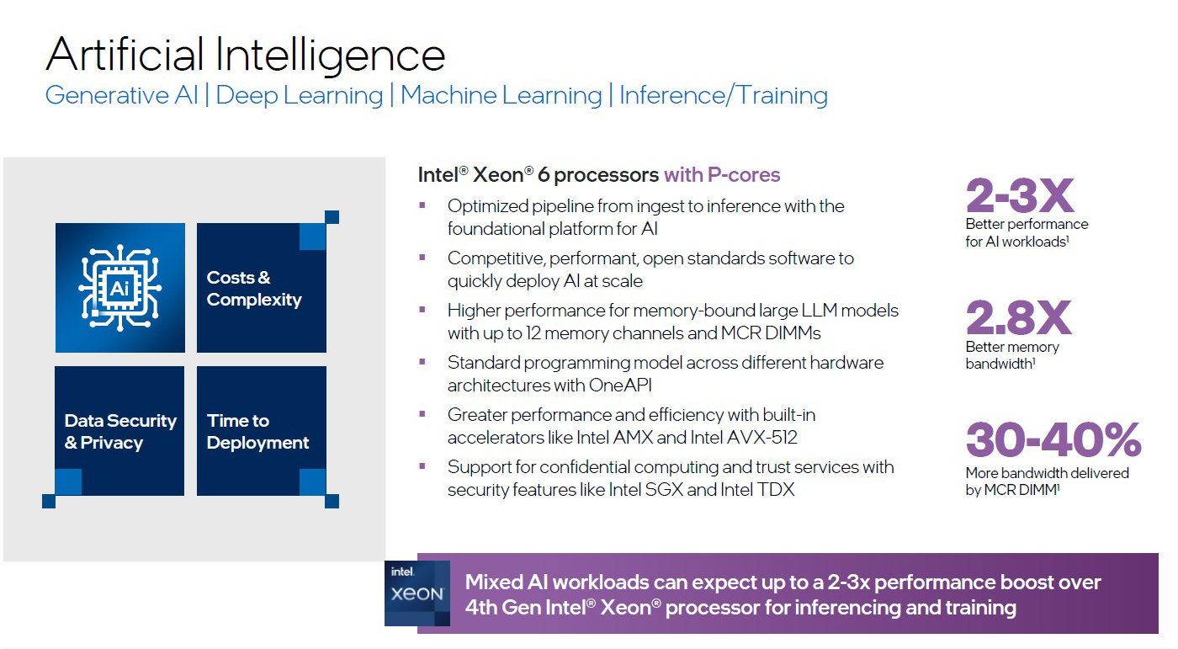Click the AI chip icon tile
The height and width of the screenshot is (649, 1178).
pyautogui.click(x=120, y=288)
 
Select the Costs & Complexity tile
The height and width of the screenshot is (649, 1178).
pyautogui.click(x=261, y=288)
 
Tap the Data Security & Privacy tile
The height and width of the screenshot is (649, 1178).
pyautogui.click(x=120, y=431)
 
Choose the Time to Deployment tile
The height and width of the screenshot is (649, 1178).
pyautogui.click(x=261, y=431)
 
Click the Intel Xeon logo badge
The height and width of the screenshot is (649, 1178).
pyautogui.click(x=417, y=593)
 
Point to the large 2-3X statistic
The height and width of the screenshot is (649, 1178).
pyautogui.click(x=1019, y=196)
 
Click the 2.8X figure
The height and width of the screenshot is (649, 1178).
pyautogui.click(x=1018, y=318)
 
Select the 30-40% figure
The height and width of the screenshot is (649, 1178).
pyautogui.click(x=1053, y=440)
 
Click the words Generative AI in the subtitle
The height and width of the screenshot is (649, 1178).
pyautogui.click(x=121, y=95)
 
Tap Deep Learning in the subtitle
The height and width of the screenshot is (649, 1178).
pyautogui.click(x=300, y=95)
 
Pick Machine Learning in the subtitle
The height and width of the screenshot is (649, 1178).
pyautogui.click(x=501, y=95)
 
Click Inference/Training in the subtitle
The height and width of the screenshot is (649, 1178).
pyautogui.click(x=724, y=95)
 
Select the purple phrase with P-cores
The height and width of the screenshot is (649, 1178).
pyautogui.click(x=722, y=175)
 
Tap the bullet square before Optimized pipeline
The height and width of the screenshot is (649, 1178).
pyautogui.click(x=422, y=205)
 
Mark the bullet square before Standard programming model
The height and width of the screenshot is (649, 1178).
pyautogui.click(x=422, y=362)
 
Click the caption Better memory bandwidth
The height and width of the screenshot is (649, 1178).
pyautogui.click(x=1012, y=355)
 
